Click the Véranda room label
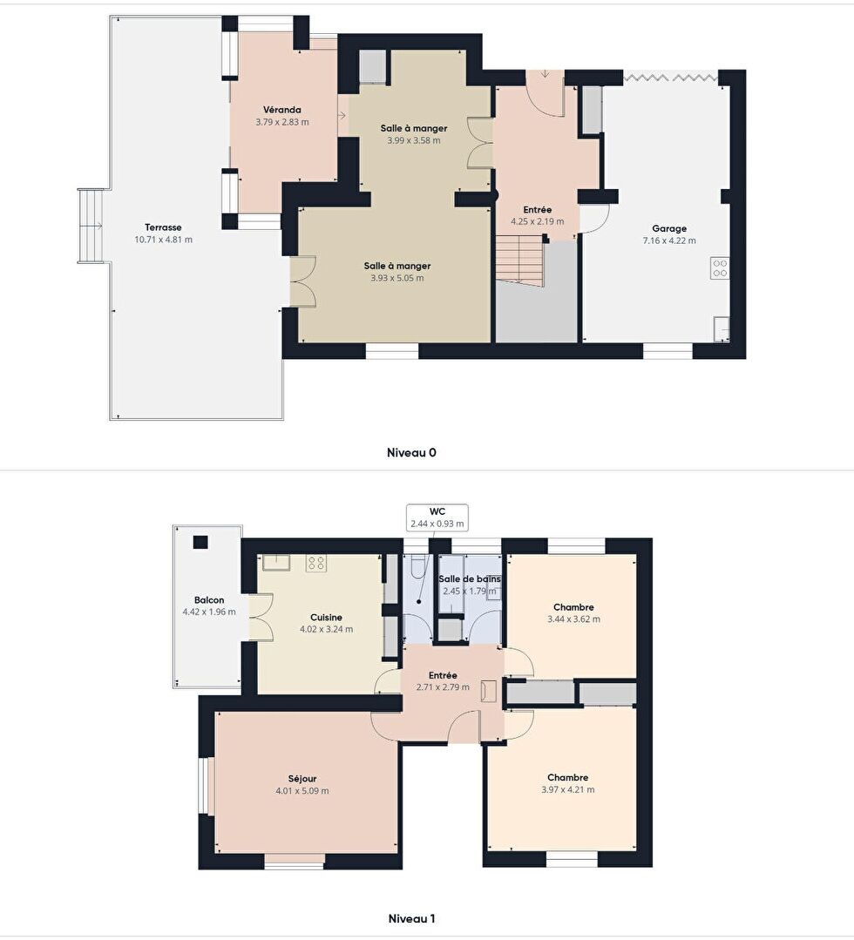pos(281,110)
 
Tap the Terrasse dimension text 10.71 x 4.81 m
pos(163,240)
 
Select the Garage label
pos(669,228)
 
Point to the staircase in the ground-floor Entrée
pos(520,260)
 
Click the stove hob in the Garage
pos(720,268)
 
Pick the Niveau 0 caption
pos(411,453)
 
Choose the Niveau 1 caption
pos(411,918)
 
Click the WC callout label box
pos(437,518)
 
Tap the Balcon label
pos(209,600)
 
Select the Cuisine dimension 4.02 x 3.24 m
pos(326,630)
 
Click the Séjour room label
pos(302,779)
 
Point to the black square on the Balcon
pos(200,543)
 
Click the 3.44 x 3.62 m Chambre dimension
pos(573,619)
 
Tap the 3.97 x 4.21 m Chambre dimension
pos(568,789)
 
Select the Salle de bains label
pos(470,579)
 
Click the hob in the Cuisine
pos(316,563)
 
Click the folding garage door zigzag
pos(670,77)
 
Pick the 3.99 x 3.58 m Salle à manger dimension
pos(414,141)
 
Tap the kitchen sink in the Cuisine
pos(276,562)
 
